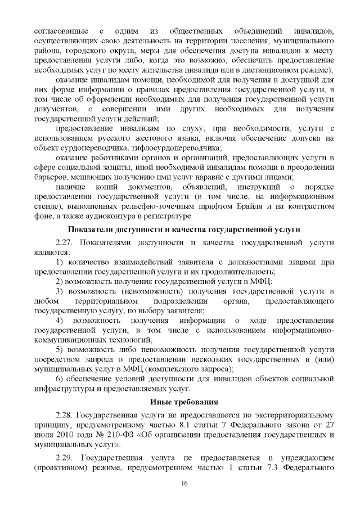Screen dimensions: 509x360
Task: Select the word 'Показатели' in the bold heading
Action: [x=90, y=229]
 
